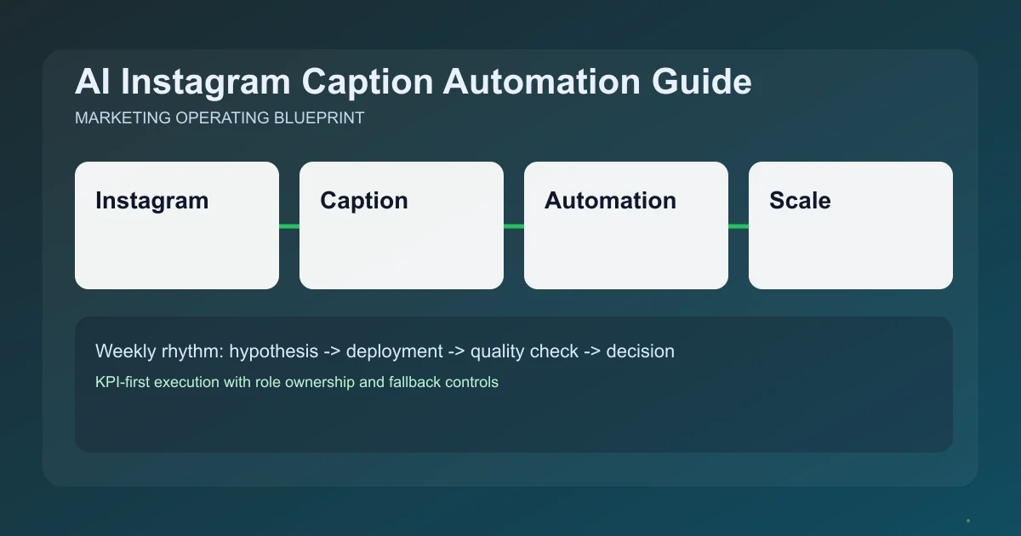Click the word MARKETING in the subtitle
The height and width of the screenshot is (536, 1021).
click(x=123, y=118)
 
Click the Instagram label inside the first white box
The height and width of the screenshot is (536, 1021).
click(x=151, y=201)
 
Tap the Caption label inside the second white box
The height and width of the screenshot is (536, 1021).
click(x=363, y=201)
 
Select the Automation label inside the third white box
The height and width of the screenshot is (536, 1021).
click(x=610, y=201)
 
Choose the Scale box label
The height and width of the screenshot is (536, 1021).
click(x=800, y=201)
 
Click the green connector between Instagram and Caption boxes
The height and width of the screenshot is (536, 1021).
click(x=289, y=225)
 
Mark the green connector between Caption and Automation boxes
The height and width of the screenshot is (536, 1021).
click(x=514, y=225)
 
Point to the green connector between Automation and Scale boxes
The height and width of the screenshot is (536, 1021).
click(x=739, y=225)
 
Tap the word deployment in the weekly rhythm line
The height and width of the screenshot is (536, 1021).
click(x=394, y=351)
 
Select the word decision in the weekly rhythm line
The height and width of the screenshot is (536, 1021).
click(x=640, y=351)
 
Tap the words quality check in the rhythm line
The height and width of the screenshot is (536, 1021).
click(x=523, y=351)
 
